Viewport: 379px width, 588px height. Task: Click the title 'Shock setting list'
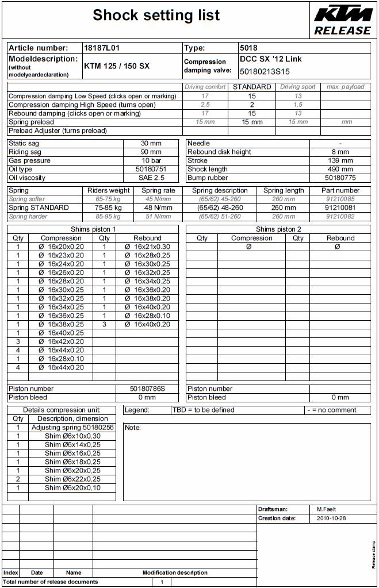point(156,16)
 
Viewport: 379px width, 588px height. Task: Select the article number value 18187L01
point(102,48)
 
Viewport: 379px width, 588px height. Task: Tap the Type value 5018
point(248,48)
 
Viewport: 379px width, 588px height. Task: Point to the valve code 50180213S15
point(265,72)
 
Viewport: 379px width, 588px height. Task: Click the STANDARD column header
point(252,87)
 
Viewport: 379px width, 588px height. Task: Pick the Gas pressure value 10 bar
point(152,161)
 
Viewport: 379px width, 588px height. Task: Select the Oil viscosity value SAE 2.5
point(152,178)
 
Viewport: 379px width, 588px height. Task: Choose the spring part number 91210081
point(340,207)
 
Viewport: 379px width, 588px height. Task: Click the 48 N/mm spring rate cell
point(158,207)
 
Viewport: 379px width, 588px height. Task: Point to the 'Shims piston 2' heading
point(278,229)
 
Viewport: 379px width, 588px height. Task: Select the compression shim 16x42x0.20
point(66,341)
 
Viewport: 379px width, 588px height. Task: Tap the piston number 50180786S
point(147,389)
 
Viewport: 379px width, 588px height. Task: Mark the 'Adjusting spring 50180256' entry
point(72,428)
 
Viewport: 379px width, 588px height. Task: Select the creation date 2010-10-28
point(331,518)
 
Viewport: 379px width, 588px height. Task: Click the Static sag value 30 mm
point(152,143)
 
